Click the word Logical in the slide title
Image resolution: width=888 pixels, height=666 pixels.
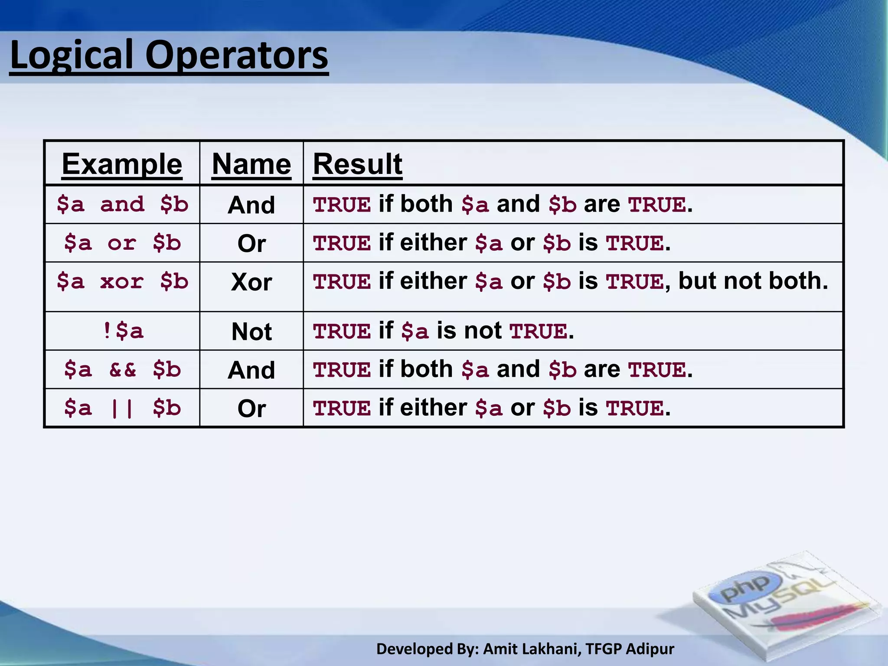tap(72, 55)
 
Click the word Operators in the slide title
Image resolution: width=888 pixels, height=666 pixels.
tap(237, 55)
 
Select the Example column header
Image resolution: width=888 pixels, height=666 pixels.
tap(122, 164)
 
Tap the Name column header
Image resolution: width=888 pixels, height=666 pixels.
tap(251, 164)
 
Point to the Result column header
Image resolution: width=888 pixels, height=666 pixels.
tap(358, 164)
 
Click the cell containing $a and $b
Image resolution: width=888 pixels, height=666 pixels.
tap(122, 204)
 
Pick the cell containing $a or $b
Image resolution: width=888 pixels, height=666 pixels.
tap(122, 243)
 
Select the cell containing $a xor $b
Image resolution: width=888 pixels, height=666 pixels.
tap(122, 281)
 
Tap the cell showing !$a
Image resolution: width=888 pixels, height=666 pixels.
tap(122, 331)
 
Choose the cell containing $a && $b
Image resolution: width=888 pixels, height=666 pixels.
tap(122, 369)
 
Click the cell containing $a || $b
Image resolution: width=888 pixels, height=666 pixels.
tap(122, 408)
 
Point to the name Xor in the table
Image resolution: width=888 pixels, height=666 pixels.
tap(251, 282)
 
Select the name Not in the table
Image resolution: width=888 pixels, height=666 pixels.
tap(251, 332)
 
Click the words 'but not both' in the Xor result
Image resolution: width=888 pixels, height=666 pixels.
tap(753, 281)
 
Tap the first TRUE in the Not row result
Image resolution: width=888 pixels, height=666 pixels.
tap(342, 332)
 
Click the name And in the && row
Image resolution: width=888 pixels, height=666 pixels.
tap(251, 370)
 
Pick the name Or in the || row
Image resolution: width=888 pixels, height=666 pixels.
tap(251, 408)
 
